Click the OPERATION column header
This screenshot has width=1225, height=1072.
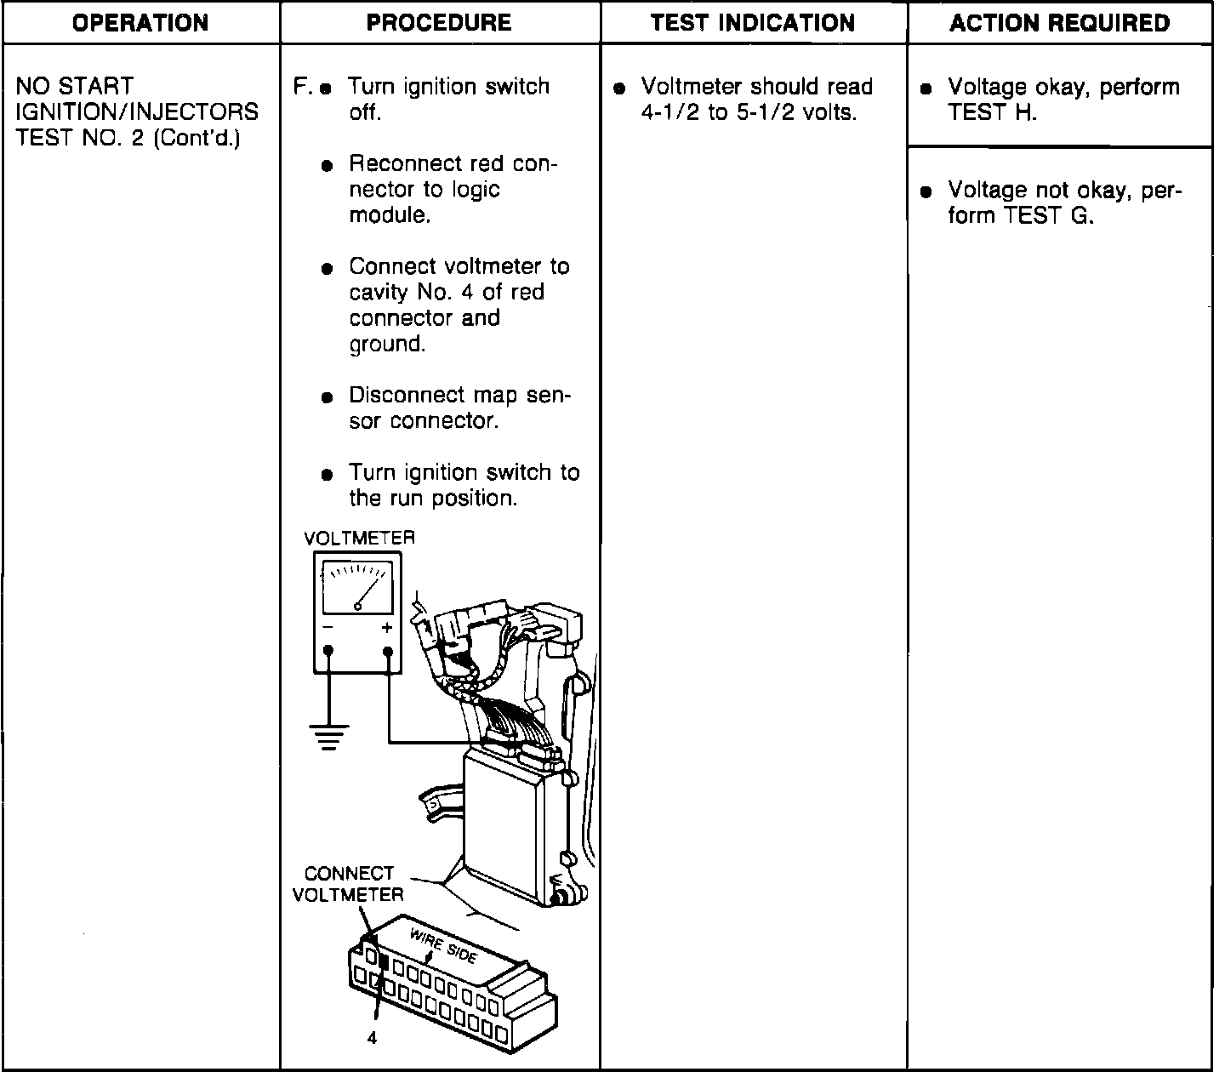click(x=141, y=23)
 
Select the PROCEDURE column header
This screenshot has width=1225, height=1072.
click(x=439, y=23)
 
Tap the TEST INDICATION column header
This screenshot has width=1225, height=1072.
click(x=753, y=23)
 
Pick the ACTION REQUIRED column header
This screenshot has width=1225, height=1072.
click(x=1060, y=23)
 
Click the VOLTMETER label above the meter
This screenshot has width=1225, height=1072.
click(x=360, y=539)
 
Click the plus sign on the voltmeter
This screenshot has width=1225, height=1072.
click(x=387, y=629)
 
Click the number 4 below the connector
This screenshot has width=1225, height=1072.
click(x=372, y=1038)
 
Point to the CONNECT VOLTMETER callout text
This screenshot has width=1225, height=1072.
click(x=349, y=884)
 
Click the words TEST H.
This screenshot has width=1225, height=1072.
click(x=992, y=112)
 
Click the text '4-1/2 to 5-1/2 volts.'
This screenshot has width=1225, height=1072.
click(x=748, y=112)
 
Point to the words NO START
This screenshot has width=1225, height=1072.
click(x=75, y=86)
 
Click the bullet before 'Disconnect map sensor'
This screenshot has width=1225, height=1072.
click(x=328, y=397)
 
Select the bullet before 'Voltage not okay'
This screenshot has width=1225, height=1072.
click(x=926, y=191)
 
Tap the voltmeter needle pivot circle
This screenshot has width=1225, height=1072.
click(x=358, y=607)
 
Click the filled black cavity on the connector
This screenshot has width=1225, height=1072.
click(x=385, y=963)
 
